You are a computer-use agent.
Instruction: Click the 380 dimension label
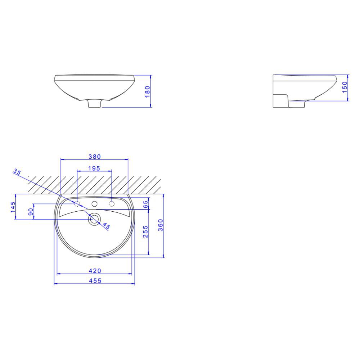click(x=95, y=157)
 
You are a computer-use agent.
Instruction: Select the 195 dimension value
click(x=94, y=168)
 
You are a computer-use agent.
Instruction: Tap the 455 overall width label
click(x=95, y=280)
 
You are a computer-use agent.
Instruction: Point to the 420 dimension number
click(x=95, y=271)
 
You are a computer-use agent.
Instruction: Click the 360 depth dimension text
click(x=161, y=225)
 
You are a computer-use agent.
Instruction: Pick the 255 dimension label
click(x=145, y=231)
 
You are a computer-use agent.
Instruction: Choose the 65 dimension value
click(x=145, y=204)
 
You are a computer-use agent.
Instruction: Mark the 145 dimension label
click(x=13, y=207)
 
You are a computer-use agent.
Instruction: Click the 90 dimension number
click(x=31, y=212)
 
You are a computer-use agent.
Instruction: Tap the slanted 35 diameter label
click(x=17, y=172)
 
